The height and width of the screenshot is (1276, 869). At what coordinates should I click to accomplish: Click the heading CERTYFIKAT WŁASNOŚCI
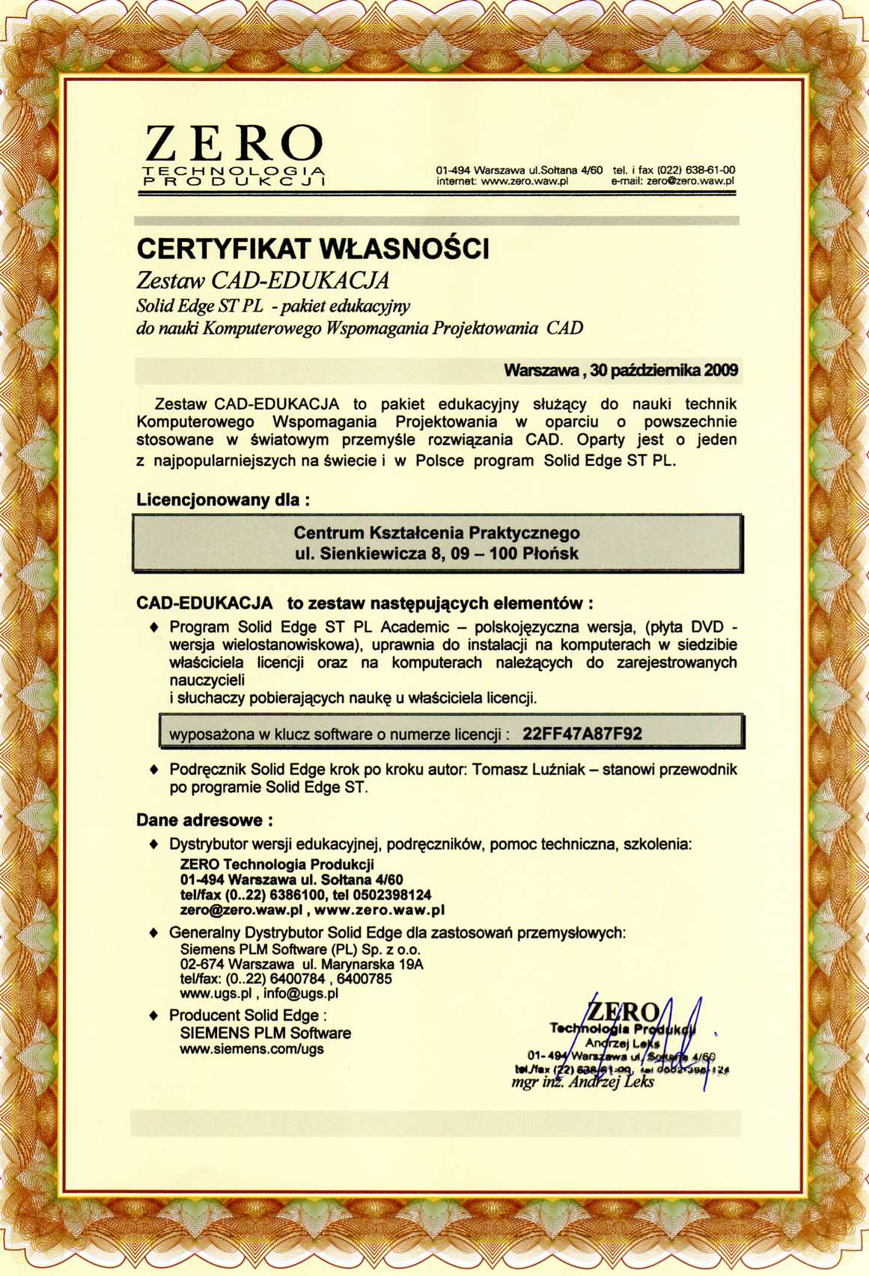point(313,249)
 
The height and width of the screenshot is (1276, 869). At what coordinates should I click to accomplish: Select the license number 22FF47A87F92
point(582,734)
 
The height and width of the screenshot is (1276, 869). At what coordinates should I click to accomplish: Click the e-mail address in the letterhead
point(691,180)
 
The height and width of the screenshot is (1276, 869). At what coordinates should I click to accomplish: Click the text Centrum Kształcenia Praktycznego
point(436,533)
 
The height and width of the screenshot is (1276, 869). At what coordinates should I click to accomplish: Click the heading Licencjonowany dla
point(223,499)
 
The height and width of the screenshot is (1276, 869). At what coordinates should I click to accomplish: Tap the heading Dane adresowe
point(204,820)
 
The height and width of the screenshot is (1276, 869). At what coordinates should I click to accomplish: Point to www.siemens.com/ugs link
point(251,1049)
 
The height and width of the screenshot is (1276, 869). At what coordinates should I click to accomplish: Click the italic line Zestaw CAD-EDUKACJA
point(263,281)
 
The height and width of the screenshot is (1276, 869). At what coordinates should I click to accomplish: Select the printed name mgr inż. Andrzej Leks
point(582,1082)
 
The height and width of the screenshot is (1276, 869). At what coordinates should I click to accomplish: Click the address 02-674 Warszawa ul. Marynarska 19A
point(302,964)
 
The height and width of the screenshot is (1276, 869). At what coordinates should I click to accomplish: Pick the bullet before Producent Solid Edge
point(154,1016)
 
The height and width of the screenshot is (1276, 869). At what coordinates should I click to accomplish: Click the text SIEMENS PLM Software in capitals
point(265,1033)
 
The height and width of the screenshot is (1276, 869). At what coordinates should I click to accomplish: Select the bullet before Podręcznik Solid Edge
point(154,770)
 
